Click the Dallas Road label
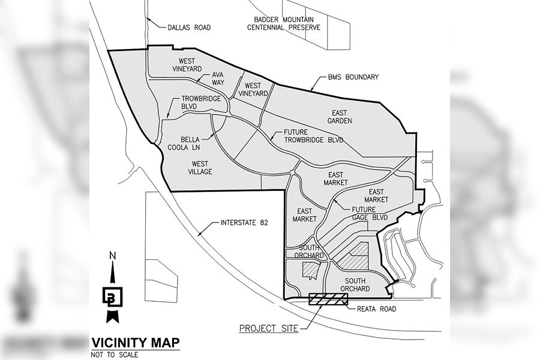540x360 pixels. [189, 27]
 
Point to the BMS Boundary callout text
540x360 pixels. [353, 77]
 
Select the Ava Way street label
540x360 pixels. [217, 79]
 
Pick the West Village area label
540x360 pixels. [203, 167]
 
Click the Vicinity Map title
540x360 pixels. [134, 343]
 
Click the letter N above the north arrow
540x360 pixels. [112, 257]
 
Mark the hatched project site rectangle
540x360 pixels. [328, 300]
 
